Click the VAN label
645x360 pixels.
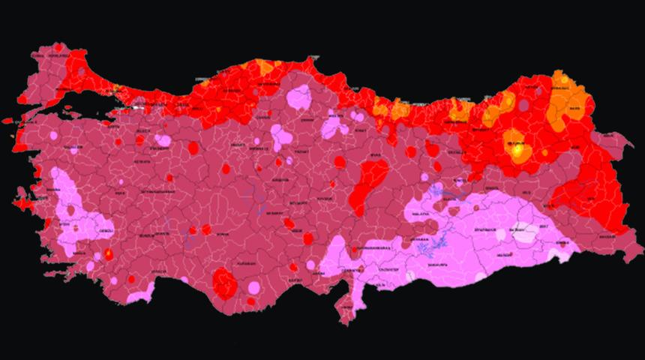coord(590,199)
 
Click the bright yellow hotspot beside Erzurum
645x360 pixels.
coord(518,150)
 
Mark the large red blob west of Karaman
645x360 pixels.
coord(223,283)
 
